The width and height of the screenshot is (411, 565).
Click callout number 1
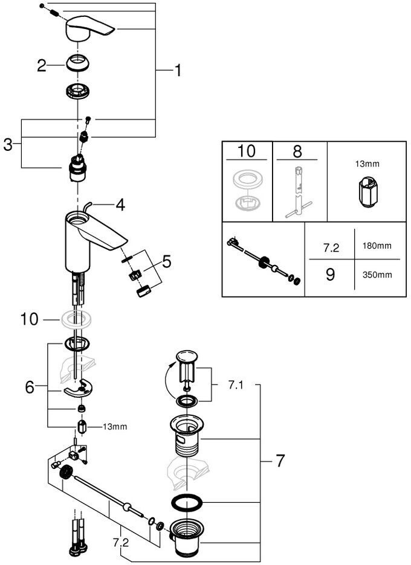coord(178,71)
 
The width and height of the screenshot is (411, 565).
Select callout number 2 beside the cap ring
coord(41,66)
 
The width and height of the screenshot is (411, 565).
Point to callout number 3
coord(8,145)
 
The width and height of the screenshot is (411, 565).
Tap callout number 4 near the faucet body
coord(120,205)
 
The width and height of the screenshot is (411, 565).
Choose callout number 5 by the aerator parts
coord(166,262)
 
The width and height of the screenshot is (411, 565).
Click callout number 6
coord(30,388)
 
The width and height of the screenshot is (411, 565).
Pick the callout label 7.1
coord(236,385)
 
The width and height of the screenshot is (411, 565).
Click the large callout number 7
coord(280,461)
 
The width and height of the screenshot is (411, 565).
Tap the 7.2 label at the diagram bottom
coord(120,542)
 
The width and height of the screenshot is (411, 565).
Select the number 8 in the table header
coord(297,152)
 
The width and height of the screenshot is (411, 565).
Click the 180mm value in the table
coord(377,246)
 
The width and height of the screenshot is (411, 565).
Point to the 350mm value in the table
coord(377,275)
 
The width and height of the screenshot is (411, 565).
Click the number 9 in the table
coord(330,275)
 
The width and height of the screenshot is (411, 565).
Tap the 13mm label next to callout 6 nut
coord(115,427)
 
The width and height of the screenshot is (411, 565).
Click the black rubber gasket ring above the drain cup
coord(187,503)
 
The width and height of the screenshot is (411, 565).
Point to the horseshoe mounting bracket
coord(79,389)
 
